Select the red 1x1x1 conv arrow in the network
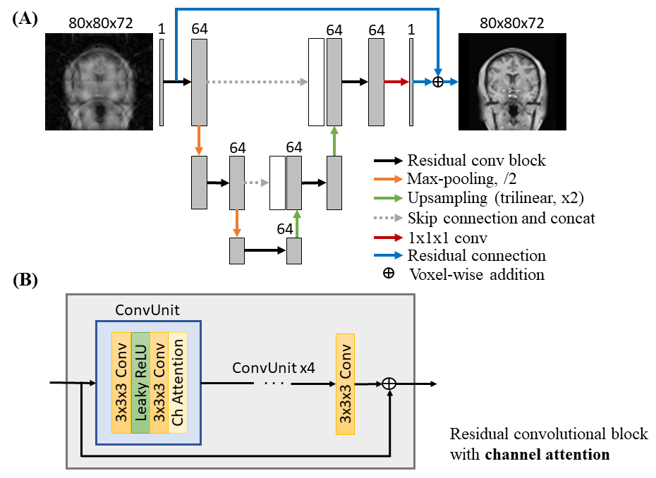coord(396,82)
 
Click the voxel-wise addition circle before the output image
coord(438,82)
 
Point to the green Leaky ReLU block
coord(140,381)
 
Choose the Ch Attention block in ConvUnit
coord(178,381)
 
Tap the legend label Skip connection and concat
coord(501,218)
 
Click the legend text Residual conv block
coord(476,160)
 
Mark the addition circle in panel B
coord(389,384)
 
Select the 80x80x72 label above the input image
coord(101,23)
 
